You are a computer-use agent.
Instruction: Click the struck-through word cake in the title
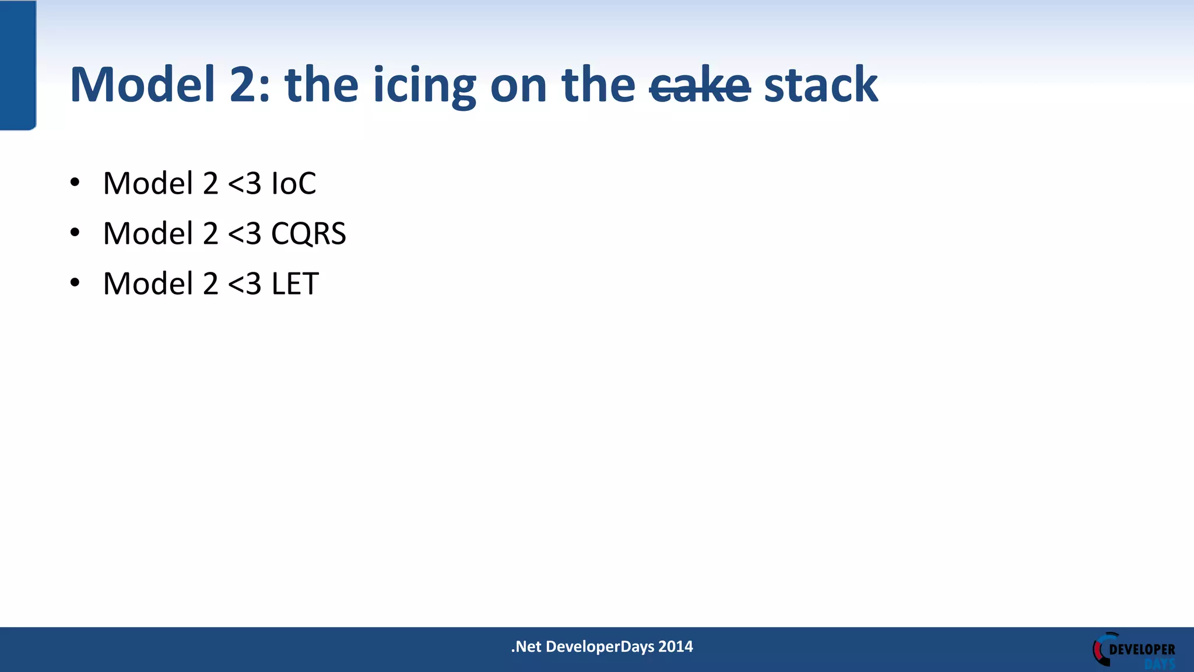coord(700,86)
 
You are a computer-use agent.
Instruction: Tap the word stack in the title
coord(820,85)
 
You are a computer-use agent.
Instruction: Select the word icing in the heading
coord(424,86)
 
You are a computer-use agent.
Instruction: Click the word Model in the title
coord(142,85)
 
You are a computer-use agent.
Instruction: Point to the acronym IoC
coord(294,183)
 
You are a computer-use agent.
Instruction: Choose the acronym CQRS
coord(308,233)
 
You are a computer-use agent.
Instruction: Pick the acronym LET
coord(295,283)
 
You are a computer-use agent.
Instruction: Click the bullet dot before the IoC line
coord(75,183)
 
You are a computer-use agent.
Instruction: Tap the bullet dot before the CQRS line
coord(75,233)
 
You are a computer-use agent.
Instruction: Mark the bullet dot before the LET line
coord(75,283)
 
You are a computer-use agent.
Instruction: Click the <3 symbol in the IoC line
coord(244,183)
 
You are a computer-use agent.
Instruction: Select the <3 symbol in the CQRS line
coord(244,233)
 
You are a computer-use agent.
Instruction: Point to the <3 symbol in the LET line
coord(244,283)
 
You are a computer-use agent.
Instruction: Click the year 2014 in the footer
coord(675,646)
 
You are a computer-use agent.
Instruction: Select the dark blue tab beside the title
coord(17,64)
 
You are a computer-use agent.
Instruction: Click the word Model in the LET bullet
coord(148,283)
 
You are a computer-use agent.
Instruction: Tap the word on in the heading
coord(518,86)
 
